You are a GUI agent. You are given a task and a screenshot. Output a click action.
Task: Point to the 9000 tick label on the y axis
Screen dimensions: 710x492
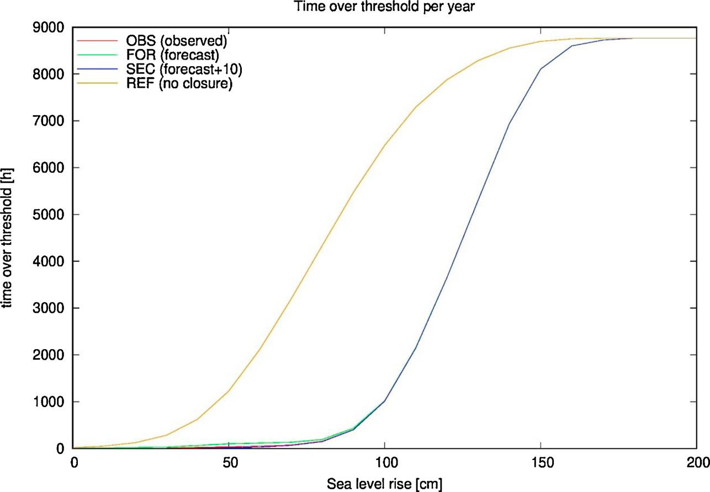(x=49, y=28)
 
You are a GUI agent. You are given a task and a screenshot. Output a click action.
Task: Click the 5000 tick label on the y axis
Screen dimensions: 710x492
(x=49, y=215)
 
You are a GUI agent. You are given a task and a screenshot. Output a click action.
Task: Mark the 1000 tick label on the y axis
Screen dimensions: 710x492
(x=49, y=402)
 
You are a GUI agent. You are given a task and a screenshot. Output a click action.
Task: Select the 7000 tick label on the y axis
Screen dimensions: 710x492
(x=49, y=121)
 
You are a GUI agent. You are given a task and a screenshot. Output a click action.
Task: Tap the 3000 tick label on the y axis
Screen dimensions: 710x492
(x=49, y=308)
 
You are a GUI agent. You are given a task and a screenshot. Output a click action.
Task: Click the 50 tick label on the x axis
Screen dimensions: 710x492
(x=230, y=463)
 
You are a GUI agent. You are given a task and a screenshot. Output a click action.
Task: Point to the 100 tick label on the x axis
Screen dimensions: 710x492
(x=386, y=463)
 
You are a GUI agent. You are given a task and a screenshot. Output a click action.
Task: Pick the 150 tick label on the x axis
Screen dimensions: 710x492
(x=542, y=463)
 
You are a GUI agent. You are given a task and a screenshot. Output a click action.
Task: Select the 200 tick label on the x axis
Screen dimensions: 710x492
(x=698, y=463)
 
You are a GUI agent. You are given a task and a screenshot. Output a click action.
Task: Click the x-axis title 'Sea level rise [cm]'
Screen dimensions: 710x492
(x=384, y=484)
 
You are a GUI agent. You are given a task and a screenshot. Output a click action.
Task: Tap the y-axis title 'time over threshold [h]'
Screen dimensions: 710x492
(x=7, y=238)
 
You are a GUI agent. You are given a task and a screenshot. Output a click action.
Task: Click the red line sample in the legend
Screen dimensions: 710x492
(x=97, y=41)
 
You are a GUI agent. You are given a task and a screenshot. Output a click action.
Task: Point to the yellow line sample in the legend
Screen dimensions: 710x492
(x=97, y=84)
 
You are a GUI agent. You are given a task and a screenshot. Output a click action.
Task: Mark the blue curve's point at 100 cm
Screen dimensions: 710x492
(x=384, y=401)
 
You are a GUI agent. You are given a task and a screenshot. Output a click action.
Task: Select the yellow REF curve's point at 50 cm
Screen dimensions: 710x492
(x=229, y=391)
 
